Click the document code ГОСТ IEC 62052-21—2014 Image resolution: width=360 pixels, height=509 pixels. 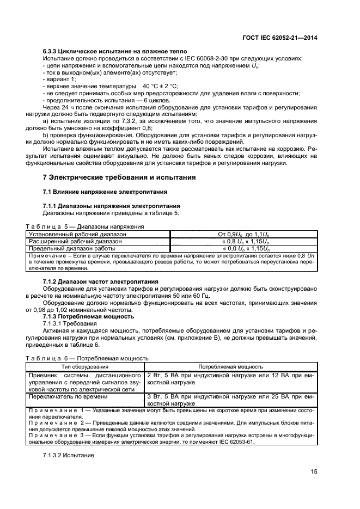[x=279, y=38]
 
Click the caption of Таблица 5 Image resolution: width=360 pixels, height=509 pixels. [x=85, y=226]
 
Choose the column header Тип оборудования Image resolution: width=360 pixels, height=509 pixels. [x=84, y=367]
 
